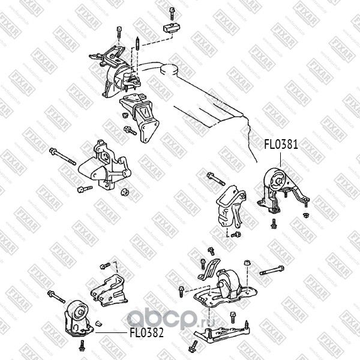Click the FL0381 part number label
[281, 144]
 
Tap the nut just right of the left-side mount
[125, 193]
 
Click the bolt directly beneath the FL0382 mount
[82, 344]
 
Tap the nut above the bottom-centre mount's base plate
[247, 263]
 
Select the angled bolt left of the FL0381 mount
[216, 179]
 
